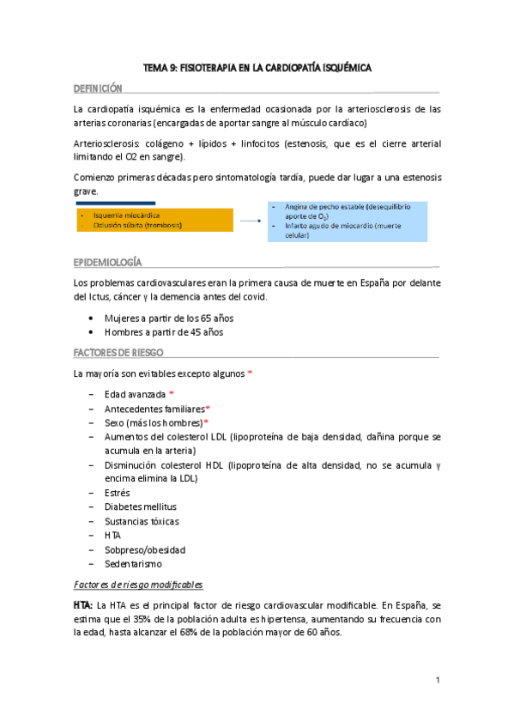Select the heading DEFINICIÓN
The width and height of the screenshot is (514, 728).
coord(98,88)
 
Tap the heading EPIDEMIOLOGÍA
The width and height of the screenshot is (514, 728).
coord(107,261)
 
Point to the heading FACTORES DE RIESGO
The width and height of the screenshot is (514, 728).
coord(118,353)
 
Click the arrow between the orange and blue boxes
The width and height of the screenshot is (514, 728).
coord(250,221)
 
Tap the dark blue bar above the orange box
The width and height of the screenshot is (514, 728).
coord(116,204)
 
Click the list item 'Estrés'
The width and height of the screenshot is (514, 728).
coord(118,493)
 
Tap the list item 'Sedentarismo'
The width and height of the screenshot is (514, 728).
coord(132,563)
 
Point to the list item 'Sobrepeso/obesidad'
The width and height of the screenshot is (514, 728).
coord(144,549)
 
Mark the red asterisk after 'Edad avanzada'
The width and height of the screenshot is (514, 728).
coord(171,394)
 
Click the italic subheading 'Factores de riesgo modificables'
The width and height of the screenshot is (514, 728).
coord(138,585)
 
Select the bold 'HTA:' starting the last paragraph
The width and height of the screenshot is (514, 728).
coord(85,605)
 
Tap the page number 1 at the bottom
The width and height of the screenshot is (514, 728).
coord(437,681)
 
